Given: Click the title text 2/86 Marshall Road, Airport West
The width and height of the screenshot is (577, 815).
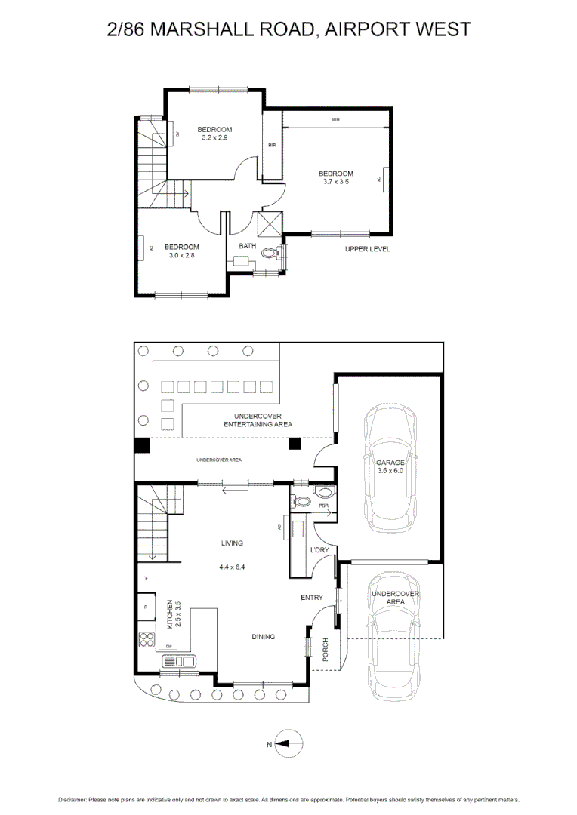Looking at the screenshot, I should (x=288, y=29).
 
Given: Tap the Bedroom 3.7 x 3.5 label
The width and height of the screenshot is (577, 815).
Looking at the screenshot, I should (x=335, y=178).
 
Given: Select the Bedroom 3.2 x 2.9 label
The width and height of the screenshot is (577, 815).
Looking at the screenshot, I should (x=214, y=134).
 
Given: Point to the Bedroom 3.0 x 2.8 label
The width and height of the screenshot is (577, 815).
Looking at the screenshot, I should (x=181, y=251).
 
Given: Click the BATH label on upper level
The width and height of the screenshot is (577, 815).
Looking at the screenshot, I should (x=248, y=246).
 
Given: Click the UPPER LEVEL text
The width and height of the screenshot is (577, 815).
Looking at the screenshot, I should (x=368, y=249).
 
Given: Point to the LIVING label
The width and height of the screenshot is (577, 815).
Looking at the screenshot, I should (x=231, y=543).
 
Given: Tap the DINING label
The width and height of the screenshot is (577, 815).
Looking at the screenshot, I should (x=263, y=637).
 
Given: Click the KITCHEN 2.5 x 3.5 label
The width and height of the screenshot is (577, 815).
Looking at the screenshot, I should (x=174, y=614).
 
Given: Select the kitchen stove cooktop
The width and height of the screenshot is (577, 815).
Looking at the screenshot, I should (x=147, y=640).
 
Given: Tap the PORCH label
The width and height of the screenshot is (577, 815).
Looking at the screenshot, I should (x=326, y=650).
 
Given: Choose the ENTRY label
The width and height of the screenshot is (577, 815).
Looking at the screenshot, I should (x=312, y=598).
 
